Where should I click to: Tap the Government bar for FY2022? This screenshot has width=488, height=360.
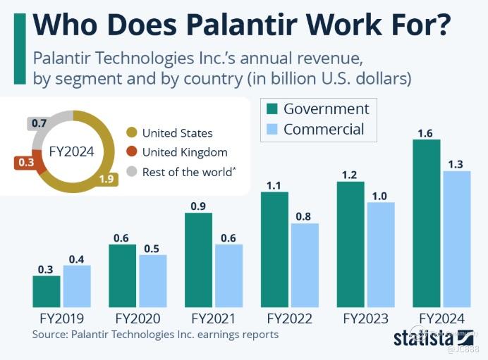274,249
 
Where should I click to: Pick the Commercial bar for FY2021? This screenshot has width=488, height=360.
229,275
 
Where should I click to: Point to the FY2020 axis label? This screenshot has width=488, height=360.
138,318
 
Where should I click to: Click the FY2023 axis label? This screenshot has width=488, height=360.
365,318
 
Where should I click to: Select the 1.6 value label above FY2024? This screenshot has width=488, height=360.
426,132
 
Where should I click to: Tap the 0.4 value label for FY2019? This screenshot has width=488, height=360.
77,259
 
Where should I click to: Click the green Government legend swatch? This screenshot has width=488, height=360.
272,108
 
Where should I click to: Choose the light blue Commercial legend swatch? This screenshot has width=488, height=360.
272,130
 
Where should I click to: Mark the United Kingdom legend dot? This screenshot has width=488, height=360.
131,152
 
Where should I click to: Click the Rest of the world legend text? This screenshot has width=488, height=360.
188,172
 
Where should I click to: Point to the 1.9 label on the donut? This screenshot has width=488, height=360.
106,179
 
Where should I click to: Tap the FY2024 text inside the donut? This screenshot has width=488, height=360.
71,151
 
